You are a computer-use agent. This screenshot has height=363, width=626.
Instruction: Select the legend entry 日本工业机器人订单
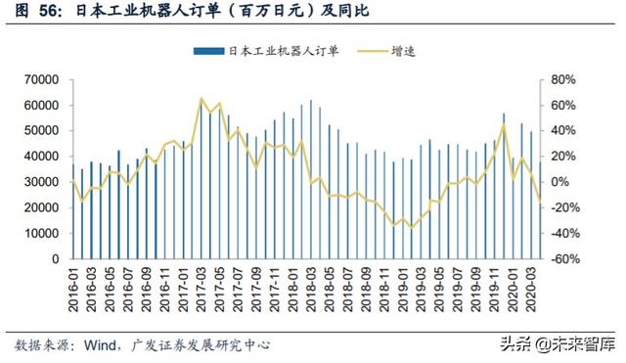(x=283, y=51)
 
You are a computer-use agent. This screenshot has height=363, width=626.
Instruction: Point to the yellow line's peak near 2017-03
(x=201, y=99)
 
